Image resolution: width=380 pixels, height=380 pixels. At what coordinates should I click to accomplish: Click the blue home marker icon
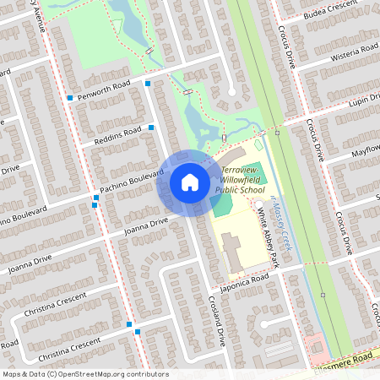coord(190,182)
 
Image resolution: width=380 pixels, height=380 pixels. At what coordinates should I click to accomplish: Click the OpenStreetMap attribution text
coord(84,374)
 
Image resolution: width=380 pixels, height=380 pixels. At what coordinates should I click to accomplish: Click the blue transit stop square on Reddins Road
coord(151,127)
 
